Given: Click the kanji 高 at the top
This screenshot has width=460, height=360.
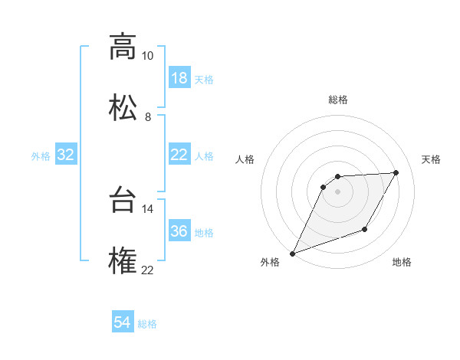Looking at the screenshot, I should click(123, 47).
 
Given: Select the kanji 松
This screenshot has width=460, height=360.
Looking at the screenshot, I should click(123, 107).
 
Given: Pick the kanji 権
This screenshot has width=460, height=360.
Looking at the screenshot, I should click(123, 260).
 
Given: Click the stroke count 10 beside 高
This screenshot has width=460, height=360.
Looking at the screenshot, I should click(147, 56).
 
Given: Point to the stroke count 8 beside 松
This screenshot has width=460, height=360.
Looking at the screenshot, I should click(148, 116).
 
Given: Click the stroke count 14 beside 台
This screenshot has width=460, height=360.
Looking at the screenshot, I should click(147, 208).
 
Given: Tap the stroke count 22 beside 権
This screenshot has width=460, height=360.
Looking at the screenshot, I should click(147, 270).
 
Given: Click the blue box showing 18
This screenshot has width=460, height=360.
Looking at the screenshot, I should click(179, 78).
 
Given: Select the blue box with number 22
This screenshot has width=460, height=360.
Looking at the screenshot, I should click(179, 155).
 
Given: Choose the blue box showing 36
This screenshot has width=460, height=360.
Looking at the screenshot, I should click(179, 231).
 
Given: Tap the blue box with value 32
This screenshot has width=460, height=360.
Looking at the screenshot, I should click(66, 155).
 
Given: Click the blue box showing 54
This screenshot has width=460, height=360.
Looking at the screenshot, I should click(123, 323).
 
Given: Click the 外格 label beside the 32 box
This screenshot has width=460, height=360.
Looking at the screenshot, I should click(41, 156).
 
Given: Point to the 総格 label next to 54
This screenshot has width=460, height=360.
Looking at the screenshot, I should click(147, 324).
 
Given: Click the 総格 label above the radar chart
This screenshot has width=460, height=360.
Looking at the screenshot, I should click(338, 100).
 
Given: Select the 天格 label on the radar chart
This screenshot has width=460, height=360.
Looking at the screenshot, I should click(432, 159).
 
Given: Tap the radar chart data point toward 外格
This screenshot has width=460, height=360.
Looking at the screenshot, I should click(292, 254).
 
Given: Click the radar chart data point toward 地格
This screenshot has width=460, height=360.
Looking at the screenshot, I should click(366, 230).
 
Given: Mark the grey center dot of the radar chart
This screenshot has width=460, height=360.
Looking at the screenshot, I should click(338, 191).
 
